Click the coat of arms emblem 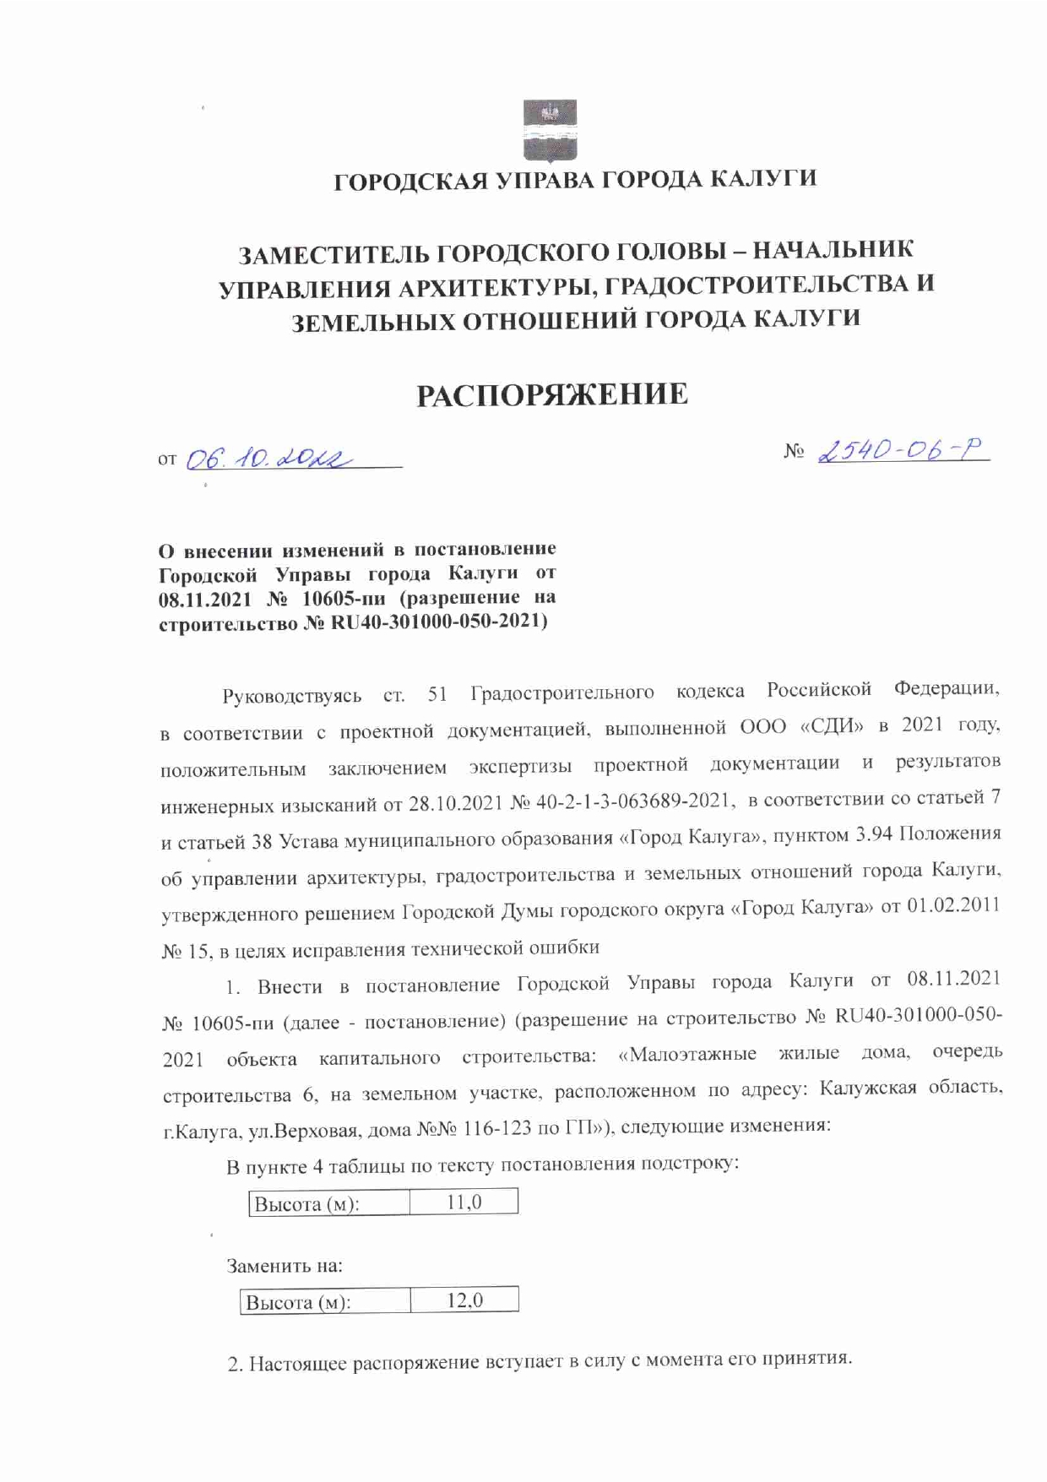[550, 130]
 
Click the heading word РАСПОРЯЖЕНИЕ [552, 394]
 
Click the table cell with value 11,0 [464, 1202]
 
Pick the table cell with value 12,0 [464, 1300]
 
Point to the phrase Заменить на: [285, 1266]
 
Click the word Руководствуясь [291, 697]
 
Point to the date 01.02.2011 [953, 905]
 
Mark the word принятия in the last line [805, 1360]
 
